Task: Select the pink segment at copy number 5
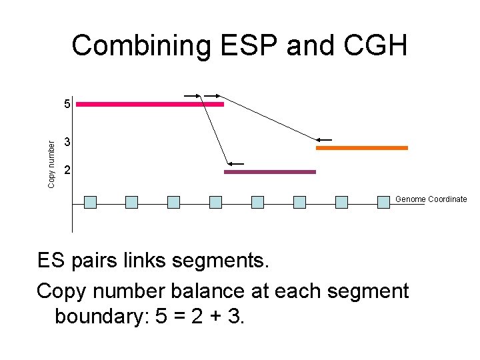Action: pyautogui.click(x=150, y=105)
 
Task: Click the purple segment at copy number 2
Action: pyautogui.click(x=269, y=172)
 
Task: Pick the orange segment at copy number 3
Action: pyautogui.click(x=361, y=148)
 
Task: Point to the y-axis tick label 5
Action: pyautogui.click(x=67, y=104)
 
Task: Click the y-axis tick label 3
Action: pyautogui.click(x=67, y=143)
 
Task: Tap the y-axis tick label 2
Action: pyautogui.click(x=67, y=172)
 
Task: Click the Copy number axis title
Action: pyautogui.click(x=52, y=160)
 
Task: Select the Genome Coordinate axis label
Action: pyautogui.click(x=431, y=199)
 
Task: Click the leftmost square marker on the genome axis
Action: pyautogui.click(x=91, y=202)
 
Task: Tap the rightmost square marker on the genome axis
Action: pyautogui.click(x=383, y=202)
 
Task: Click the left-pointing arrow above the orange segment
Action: pyautogui.click(x=325, y=140)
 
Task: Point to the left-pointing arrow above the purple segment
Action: pyautogui.click(x=236, y=163)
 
